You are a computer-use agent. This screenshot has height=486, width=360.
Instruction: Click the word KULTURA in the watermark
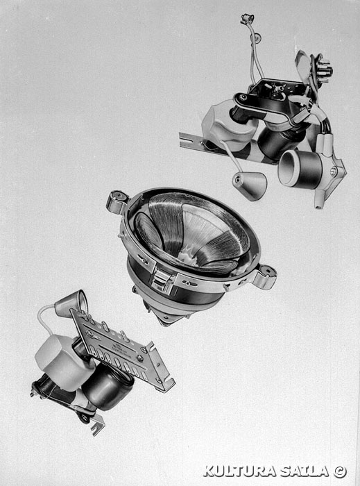(x=239, y=471)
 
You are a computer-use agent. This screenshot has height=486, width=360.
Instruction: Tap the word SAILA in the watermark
(x=305, y=471)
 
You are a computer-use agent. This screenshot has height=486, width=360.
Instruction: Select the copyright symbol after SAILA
(x=340, y=471)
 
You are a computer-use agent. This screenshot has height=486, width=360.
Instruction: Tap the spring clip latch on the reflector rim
(x=162, y=280)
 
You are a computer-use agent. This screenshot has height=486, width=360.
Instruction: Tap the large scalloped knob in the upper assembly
(x=228, y=126)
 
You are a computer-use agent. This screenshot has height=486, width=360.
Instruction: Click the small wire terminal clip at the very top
(x=247, y=19)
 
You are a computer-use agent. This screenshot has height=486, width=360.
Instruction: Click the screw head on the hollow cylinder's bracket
(x=334, y=171)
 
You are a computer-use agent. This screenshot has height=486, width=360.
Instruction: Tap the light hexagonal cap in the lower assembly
(x=63, y=362)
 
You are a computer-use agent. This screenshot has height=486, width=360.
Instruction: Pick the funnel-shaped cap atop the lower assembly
(x=71, y=304)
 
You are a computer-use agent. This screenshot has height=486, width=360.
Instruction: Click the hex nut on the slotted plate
(x=140, y=358)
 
